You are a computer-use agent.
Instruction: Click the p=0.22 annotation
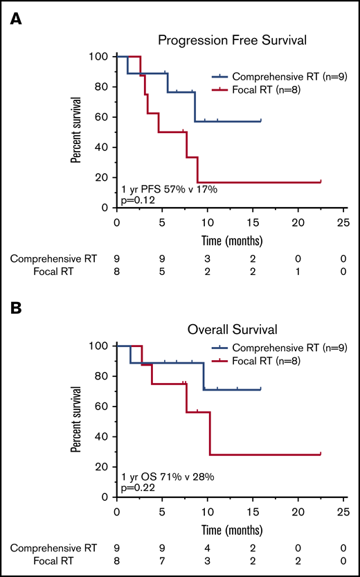pyautogui.click(x=136, y=488)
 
